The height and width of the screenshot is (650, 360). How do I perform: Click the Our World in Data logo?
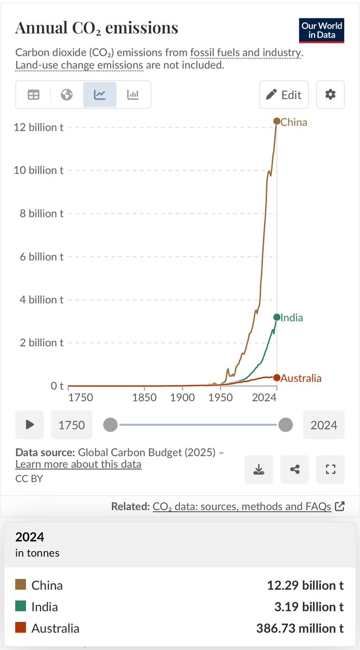[322, 30]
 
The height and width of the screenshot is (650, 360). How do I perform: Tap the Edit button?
[284, 95]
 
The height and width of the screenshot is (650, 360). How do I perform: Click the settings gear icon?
[330, 95]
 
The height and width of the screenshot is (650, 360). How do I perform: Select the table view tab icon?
[34, 95]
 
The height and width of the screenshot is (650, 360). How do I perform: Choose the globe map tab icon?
[67, 95]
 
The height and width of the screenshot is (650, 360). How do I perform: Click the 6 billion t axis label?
[38, 256]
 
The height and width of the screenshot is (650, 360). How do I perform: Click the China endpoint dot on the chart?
[277, 121]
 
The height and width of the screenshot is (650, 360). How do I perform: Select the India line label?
[292, 318]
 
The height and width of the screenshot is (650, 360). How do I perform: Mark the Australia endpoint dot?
[277, 378]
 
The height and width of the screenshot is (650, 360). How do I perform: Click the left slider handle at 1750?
[110, 424]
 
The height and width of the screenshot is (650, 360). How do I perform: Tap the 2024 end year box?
[324, 425]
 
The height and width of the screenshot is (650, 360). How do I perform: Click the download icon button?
[259, 469]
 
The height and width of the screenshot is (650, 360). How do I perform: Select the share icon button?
[295, 469]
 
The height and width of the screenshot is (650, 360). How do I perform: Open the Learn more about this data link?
[78, 464]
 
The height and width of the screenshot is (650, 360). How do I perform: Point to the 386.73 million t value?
[300, 628]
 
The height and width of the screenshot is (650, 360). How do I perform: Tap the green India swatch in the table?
[21, 607]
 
